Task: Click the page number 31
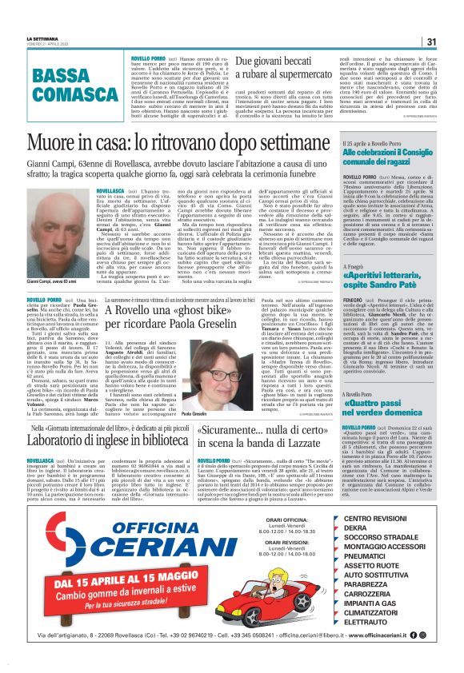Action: [x=430, y=42]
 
